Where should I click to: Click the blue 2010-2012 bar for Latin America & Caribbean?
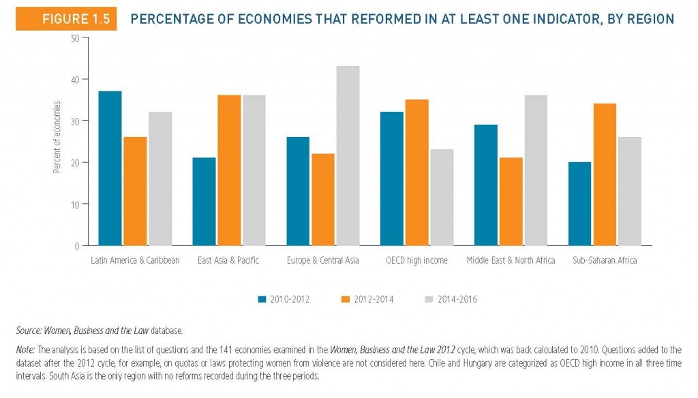[110, 168]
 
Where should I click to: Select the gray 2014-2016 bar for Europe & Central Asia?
[348, 156]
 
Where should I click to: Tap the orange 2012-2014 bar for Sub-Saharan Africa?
[605, 174]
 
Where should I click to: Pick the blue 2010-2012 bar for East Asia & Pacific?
[204, 202]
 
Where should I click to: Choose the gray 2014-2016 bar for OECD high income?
[442, 198]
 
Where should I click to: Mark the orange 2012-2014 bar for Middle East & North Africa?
[511, 202]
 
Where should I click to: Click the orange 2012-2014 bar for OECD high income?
[417, 172]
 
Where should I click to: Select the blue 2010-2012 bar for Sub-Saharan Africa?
[580, 204]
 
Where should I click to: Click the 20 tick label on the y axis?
[75, 163]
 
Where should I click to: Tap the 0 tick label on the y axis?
[77, 246]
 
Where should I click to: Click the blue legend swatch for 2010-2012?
[262, 299]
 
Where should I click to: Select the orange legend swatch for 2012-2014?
[346, 299]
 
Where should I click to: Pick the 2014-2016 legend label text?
[457, 299]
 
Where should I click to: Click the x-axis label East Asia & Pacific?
[228, 260]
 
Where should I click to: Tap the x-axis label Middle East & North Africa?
[511, 260]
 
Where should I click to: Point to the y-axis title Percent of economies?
[57, 137]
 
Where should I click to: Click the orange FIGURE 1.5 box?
[66, 18]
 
